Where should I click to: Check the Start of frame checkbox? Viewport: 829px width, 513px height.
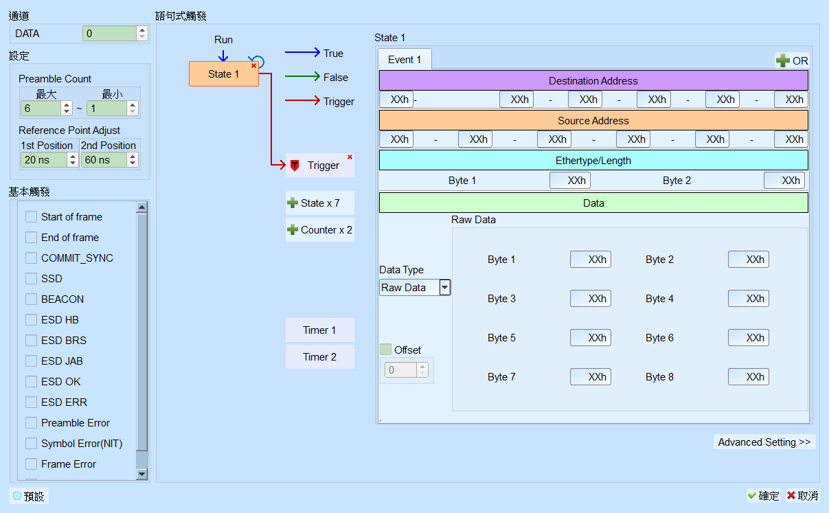[x=31, y=216]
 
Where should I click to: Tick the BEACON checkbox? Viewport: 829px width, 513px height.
[x=31, y=299]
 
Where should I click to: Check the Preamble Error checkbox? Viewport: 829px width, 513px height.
[x=31, y=422]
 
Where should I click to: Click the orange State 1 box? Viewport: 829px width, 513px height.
[x=223, y=74]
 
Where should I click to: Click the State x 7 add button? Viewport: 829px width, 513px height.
[x=320, y=203]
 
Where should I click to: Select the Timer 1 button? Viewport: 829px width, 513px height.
[x=320, y=330]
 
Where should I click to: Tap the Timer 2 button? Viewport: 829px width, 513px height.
[x=320, y=357]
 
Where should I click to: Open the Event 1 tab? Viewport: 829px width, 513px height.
[x=405, y=59]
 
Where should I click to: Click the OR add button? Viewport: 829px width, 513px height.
[x=792, y=60]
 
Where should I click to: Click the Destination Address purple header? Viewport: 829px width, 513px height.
[x=593, y=80]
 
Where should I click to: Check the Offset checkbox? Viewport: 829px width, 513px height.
[x=385, y=350]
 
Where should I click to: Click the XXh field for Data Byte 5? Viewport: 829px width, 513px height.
[x=590, y=338]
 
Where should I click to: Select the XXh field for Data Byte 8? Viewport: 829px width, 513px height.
[x=749, y=377]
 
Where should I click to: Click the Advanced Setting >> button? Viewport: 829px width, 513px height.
[x=764, y=442]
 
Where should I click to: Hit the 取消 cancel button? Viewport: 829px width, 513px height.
[x=802, y=496]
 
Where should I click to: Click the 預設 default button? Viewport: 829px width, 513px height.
[x=28, y=496]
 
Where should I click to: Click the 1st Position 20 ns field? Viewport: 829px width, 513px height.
[x=44, y=160]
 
